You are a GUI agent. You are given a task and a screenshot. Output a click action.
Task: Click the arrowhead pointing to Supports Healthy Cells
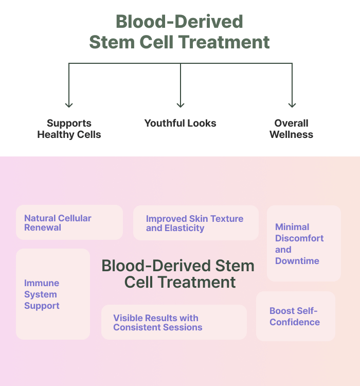tap(69, 105)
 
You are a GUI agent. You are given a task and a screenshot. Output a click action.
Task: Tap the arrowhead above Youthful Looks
tap(181, 105)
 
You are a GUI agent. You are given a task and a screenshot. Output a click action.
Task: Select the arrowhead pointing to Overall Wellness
tap(292, 105)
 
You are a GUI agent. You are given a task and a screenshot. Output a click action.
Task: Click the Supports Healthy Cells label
tap(69, 129)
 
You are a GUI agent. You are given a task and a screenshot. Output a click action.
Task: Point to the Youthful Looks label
tap(180, 123)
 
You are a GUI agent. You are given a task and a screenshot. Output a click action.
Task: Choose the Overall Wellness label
tap(292, 129)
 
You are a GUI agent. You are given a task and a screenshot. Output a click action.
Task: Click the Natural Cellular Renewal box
tap(69, 222)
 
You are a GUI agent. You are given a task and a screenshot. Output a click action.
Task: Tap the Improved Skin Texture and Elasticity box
tap(196, 223)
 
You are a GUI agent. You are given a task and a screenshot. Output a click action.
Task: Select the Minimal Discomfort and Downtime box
tap(304, 243)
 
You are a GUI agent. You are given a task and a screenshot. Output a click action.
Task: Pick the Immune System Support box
tap(53, 294)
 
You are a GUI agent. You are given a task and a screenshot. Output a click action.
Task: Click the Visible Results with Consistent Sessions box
tap(174, 322)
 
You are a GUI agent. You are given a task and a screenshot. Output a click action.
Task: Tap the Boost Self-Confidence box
tap(296, 317)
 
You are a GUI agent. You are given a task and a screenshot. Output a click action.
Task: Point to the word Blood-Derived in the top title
tap(179, 22)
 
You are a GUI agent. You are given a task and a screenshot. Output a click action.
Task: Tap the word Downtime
tap(297, 261)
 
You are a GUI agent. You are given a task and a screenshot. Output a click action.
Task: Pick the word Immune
tap(42, 283)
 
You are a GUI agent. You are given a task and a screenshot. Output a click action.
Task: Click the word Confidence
tap(295, 322)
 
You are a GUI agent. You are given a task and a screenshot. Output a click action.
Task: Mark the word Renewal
tap(43, 227)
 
